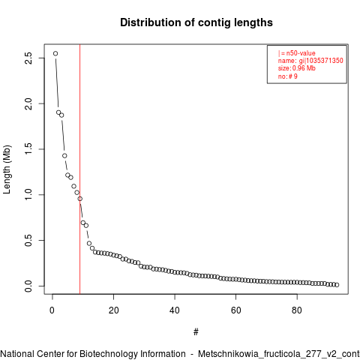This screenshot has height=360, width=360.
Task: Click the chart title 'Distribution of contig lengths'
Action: pos(196,22)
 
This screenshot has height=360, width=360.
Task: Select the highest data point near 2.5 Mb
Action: pos(55,53)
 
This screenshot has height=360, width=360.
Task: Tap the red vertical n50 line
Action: pos(79,169)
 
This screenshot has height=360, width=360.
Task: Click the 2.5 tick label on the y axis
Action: pos(28,58)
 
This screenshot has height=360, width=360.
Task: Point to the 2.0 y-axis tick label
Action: pos(28,103)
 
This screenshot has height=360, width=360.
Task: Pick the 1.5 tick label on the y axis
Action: pos(28,149)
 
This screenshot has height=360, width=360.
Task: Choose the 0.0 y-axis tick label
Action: pos(28,286)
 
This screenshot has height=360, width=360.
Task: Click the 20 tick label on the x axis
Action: pos(113,310)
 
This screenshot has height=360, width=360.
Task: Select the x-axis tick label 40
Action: pos(175,310)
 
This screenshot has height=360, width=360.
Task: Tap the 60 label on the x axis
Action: pos(235,310)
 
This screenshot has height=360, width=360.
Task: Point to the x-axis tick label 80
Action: pos(297,310)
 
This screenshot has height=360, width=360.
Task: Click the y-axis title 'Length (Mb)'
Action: pos(7,169)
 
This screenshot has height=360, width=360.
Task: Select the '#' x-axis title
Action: pos(196,332)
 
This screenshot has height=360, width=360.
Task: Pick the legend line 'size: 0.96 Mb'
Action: pos(297,68)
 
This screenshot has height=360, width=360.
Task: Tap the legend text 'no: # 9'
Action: pos(288,76)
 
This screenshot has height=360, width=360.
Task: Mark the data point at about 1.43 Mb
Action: pos(64,156)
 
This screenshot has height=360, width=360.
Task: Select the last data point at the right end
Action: pos(337,285)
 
